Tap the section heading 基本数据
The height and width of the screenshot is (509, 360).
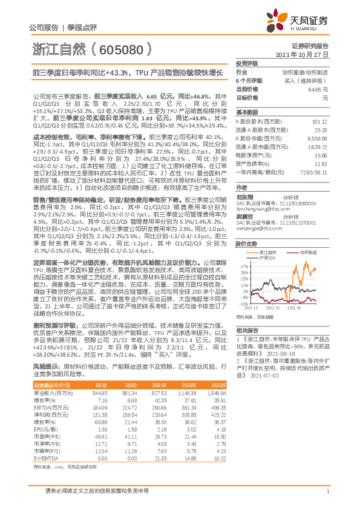pyautogui.click(x=246, y=112)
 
